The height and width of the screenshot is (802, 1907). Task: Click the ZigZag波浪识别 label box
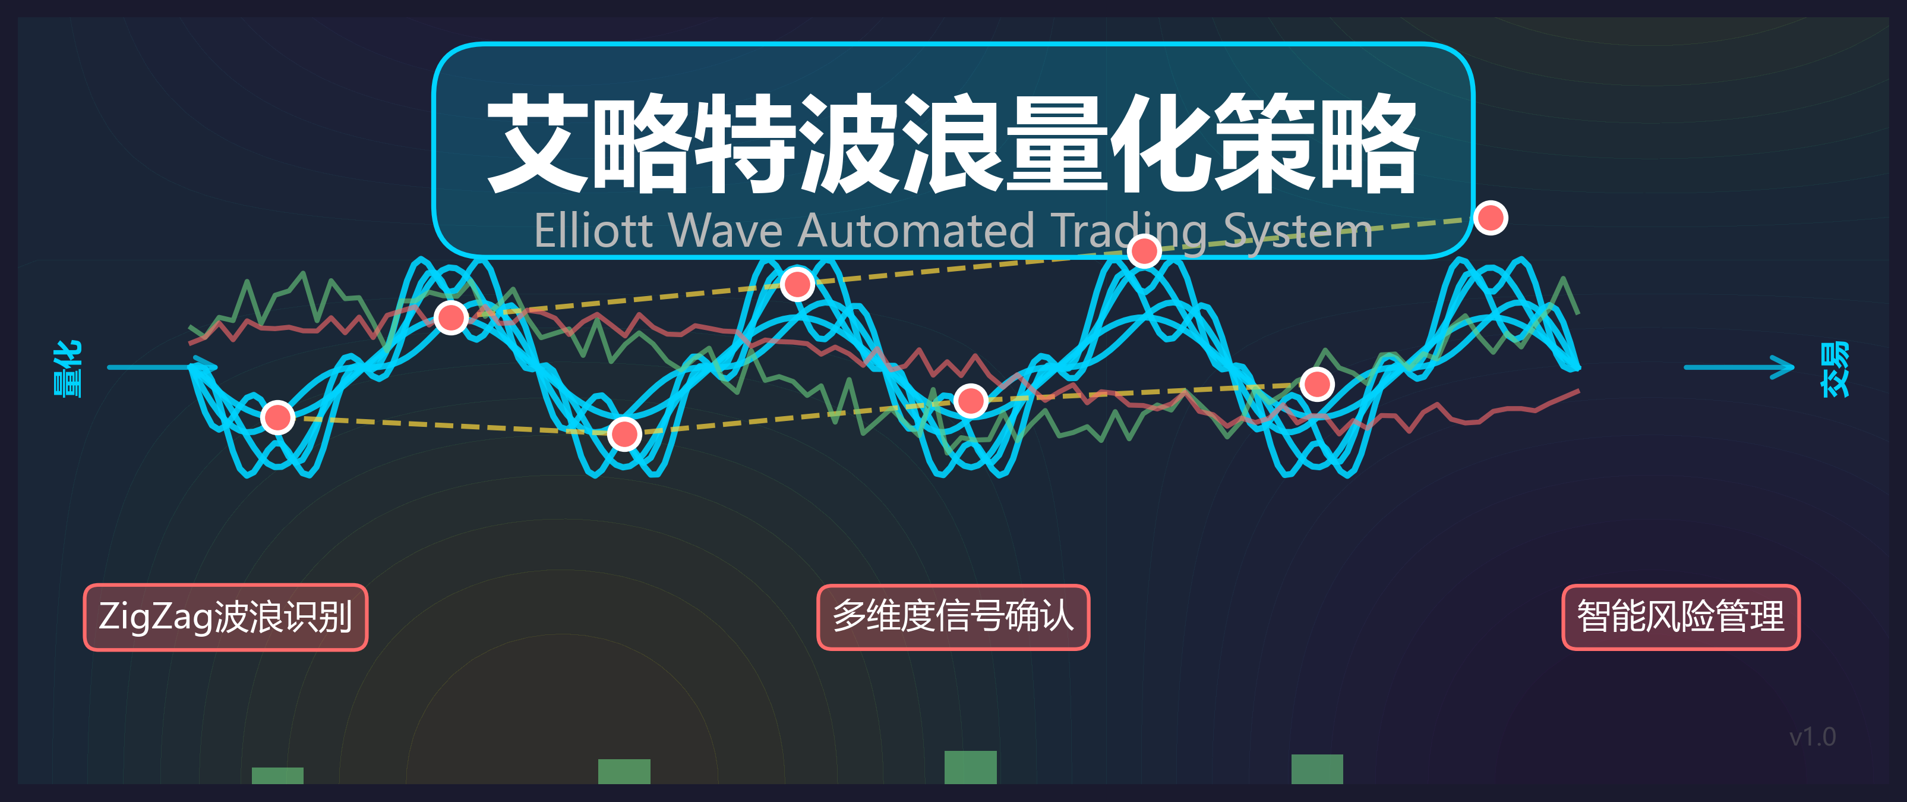[x=225, y=617]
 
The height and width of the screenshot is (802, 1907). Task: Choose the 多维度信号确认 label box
[x=953, y=617]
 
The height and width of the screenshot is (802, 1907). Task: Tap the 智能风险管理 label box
[x=1681, y=617]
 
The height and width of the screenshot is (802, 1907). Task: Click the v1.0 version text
[x=1812, y=737]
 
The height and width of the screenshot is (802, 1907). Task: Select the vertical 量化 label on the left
[x=68, y=368]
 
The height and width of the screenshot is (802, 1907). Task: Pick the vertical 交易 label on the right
[x=1835, y=368]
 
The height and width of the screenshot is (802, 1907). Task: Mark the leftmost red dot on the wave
[x=277, y=418]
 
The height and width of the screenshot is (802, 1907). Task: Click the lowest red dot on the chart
[x=624, y=434]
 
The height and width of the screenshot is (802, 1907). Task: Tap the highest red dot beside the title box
[x=1490, y=218]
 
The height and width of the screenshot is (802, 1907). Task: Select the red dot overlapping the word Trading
[x=1144, y=251]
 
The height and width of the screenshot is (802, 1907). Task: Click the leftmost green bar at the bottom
[x=277, y=775]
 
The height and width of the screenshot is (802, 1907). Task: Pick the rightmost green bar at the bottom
[x=1317, y=769]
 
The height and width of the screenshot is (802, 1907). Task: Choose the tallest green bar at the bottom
[x=971, y=767]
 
